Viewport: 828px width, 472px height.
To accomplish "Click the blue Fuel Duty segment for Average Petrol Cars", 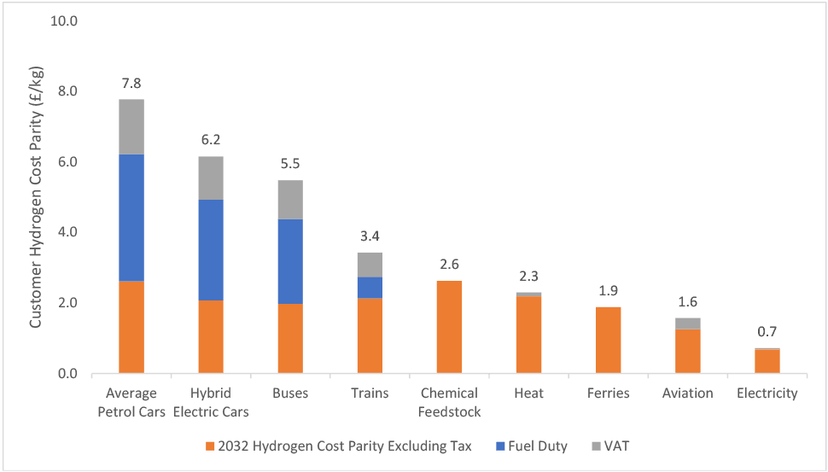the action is (131, 218).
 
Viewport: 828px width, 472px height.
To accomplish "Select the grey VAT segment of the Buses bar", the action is (290, 200).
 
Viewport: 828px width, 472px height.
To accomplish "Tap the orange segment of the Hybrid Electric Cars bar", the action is (211, 337).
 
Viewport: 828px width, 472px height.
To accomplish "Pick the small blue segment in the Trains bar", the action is (370, 288).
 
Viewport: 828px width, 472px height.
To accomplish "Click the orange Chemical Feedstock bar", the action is (449, 328).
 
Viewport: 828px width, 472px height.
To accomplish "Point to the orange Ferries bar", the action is (609, 341).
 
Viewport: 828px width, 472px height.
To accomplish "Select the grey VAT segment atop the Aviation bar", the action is (687, 323).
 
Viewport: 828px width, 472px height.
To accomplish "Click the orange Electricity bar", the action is (767, 362).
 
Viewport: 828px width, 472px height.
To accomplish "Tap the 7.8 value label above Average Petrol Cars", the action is (131, 84).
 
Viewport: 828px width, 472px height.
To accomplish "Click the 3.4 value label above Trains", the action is (370, 236).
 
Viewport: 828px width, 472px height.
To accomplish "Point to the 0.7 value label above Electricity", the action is (767, 331).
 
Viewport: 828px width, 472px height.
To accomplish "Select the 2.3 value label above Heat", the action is (528, 277).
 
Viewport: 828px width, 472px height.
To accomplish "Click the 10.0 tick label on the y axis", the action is (63, 20).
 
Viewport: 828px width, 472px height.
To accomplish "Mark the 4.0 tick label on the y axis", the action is (67, 232).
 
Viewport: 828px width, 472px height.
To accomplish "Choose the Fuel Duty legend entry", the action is (532, 446).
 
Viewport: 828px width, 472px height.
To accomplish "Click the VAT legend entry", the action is (610, 446).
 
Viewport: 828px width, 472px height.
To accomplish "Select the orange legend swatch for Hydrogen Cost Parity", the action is (210, 446).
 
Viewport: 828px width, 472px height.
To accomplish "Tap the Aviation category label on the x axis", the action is (687, 393).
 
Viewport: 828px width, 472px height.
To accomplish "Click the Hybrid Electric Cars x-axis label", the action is (211, 402).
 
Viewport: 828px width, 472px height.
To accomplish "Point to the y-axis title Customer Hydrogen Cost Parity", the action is (35, 197).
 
